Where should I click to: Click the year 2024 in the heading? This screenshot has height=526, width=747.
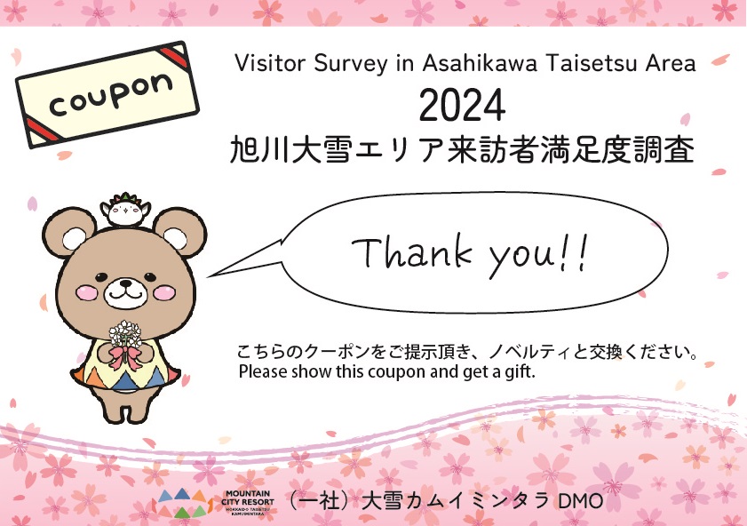pyautogui.click(x=462, y=106)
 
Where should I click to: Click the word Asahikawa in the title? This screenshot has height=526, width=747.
pyautogui.click(x=480, y=63)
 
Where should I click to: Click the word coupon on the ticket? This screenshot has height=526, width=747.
pyautogui.click(x=110, y=95)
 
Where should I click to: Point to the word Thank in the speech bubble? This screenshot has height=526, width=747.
pyautogui.click(x=412, y=251)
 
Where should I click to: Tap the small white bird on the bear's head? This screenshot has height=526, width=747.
pyautogui.click(x=125, y=210)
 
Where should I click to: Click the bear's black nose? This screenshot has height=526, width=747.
pyautogui.click(x=125, y=284)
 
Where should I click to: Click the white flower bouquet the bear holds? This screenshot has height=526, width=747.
pyautogui.click(x=125, y=334)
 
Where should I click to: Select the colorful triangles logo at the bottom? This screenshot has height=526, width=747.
pyautogui.click(x=183, y=503)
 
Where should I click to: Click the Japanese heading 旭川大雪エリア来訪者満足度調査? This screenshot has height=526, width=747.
pyautogui.click(x=462, y=149)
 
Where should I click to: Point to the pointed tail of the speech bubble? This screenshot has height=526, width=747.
pyautogui.click(x=208, y=275)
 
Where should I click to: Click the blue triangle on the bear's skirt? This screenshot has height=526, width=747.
pyautogui.click(x=125, y=381)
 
